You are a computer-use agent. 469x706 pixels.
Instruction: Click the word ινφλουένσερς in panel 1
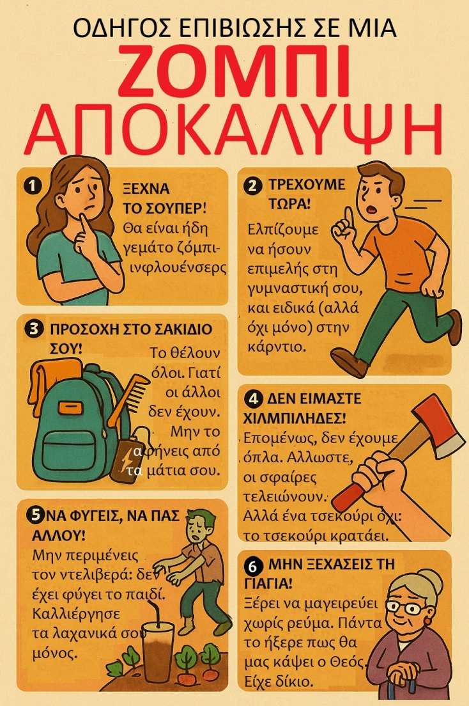pyautogui.click(x=174, y=266)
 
